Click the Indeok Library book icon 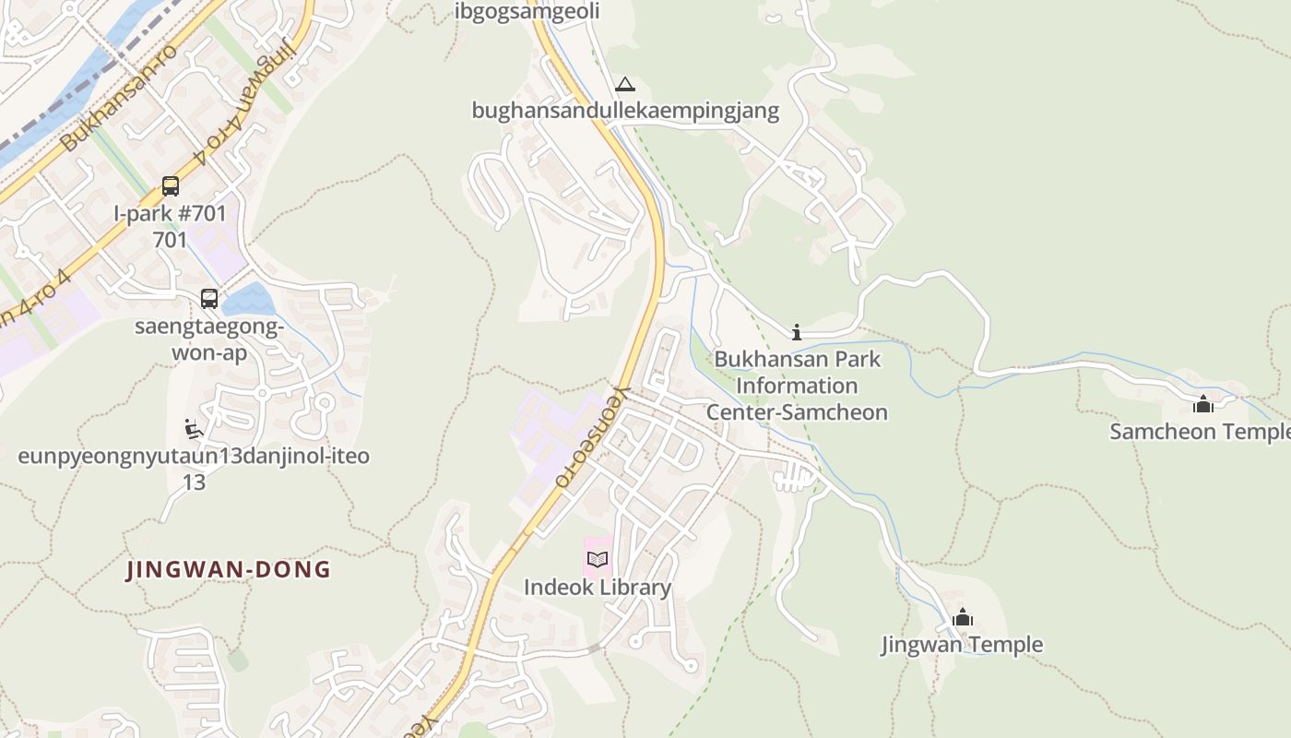click(x=598, y=559)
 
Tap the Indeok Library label click(x=598, y=588)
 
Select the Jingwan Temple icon click(x=963, y=617)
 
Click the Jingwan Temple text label click(x=962, y=645)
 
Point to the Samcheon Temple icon click(x=1202, y=404)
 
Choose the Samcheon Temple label click(x=1200, y=432)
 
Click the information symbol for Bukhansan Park click(x=797, y=332)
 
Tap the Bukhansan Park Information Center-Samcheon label click(x=797, y=386)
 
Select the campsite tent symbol click(x=625, y=85)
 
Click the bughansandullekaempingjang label click(x=625, y=112)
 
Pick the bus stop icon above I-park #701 click(x=171, y=186)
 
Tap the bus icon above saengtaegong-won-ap click(x=209, y=299)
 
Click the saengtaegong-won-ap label click(x=209, y=339)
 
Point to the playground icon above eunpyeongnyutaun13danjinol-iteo click(x=194, y=429)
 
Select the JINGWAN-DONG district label click(x=229, y=569)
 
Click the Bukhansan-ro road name click(x=120, y=97)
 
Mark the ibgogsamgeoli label click(x=527, y=11)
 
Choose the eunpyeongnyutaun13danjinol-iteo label click(x=194, y=457)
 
